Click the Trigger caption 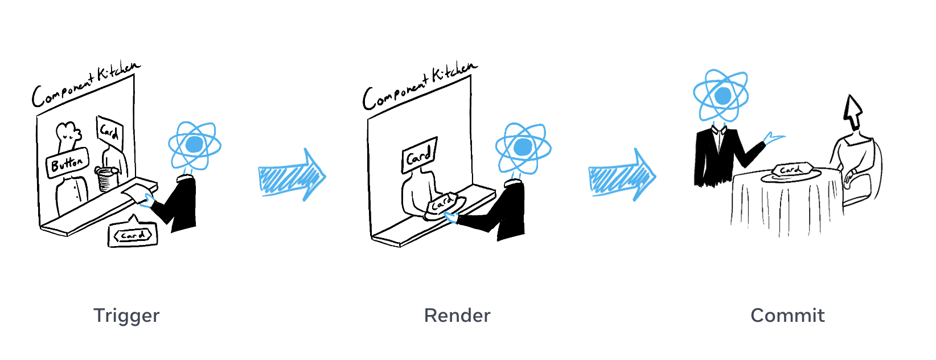(x=126, y=316)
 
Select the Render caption (x=457, y=316)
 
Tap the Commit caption (x=787, y=316)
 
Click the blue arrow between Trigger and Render (x=292, y=175)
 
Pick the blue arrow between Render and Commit (x=622, y=175)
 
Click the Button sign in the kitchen (x=67, y=163)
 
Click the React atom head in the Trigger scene (x=194, y=145)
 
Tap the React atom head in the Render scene (x=523, y=147)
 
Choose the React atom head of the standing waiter (x=721, y=95)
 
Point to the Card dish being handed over (x=444, y=204)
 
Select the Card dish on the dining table (x=791, y=171)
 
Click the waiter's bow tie (x=720, y=130)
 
